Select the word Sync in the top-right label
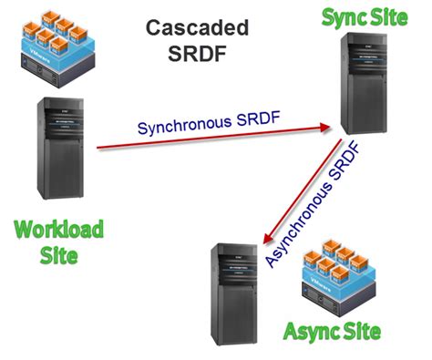pyautogui.click(x=344, y=15)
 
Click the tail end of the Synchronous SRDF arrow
pyautogui.click(x=98, y=147)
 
